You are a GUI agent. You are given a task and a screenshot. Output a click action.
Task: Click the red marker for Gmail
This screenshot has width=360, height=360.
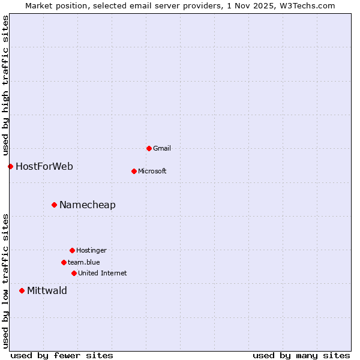[149, 148]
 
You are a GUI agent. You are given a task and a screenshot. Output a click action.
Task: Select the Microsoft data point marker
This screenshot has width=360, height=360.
[134, 171]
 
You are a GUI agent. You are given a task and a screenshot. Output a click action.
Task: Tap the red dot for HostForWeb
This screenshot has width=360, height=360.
[10, 166]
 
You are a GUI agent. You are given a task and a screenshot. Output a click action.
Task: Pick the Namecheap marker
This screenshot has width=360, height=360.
[54, 205]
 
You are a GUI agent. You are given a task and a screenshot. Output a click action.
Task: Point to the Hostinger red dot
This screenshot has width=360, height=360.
[72, 250]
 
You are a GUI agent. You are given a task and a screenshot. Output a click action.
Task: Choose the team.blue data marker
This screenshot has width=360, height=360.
[64, 262]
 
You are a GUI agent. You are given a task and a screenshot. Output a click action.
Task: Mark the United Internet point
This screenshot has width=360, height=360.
[74, 273]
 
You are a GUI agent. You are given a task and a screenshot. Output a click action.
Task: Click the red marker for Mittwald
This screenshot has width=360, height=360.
[22, 290]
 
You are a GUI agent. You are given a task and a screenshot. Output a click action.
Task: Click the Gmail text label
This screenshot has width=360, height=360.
[162, 148]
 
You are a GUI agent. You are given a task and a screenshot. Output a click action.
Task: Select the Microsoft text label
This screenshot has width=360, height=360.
[152, 171]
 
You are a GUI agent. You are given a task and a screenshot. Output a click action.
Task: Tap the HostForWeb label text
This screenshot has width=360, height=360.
[44, 166]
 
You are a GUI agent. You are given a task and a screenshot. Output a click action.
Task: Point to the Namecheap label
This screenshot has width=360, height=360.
[88, 205]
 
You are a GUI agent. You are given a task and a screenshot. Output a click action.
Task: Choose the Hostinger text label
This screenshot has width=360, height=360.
[91, 250]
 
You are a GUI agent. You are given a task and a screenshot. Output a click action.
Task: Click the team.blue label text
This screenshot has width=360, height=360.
[84, 262]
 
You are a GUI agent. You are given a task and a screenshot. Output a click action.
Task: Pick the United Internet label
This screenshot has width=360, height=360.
[103, 273]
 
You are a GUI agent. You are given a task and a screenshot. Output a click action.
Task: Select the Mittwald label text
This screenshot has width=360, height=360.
[47, 290]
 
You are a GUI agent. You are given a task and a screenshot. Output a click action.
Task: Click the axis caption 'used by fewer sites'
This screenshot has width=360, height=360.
[62, 355]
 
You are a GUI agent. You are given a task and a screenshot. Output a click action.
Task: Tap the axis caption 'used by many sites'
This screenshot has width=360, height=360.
[301, 355]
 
